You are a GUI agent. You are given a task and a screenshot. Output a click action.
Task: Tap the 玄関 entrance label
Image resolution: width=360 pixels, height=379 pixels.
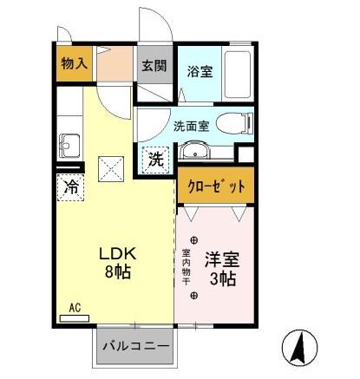154,65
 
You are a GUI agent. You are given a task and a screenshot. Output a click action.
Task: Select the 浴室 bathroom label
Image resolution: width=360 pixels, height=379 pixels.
200,72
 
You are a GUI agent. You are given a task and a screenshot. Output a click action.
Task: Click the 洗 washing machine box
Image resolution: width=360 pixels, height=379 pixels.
154,160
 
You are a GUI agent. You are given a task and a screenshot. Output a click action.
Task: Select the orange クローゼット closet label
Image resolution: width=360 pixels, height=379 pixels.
216,186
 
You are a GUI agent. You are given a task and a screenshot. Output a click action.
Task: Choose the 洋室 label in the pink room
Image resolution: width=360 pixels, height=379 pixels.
221,258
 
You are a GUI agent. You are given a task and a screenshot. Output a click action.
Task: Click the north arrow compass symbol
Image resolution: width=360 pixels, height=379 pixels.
300,347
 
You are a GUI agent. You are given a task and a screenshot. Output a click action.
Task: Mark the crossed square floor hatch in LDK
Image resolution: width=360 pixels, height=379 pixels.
110,165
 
